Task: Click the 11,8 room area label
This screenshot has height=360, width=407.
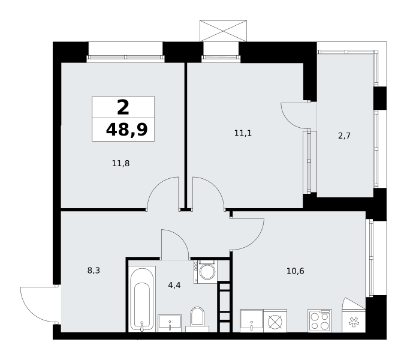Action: tap(120, 163)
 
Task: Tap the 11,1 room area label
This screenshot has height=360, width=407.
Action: tap(243, 133)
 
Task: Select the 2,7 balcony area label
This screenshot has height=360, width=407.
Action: tap(344, 136)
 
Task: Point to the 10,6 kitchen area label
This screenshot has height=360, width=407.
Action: tap(295, 271)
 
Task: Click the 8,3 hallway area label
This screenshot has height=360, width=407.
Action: tap(94, 271)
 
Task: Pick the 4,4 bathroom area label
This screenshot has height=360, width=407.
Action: tap(174, 285)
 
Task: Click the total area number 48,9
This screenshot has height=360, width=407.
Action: tap(126, 130)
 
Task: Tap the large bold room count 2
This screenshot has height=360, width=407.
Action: tap(123, 107)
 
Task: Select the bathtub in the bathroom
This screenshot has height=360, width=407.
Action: tap(142, 299)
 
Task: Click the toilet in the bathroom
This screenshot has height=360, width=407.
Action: tap(197, 319)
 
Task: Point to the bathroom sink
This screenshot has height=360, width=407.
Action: tap(170, 323)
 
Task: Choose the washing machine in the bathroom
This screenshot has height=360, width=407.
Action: tap(206, 271)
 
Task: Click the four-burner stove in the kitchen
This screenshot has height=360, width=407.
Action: tap(319, 320)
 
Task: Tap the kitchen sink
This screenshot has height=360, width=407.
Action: tap(252, 321)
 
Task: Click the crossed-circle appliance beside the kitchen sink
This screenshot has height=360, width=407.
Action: tap(275, 321)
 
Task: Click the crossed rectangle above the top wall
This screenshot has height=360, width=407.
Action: tap(223, 31)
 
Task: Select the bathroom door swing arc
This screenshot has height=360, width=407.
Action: tap(180, 238)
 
